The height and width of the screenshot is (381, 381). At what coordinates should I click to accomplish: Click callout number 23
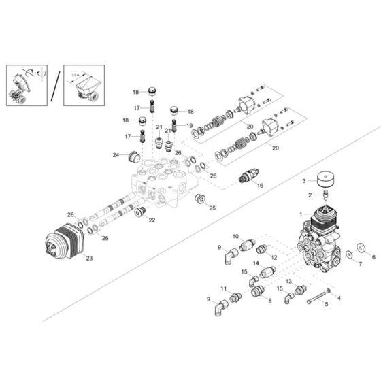click(88, 259)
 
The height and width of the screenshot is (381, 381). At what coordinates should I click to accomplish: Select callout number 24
click(116, 155)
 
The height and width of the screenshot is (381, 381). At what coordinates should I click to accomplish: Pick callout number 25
click(212, 208)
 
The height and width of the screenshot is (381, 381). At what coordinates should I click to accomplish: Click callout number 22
click(152, 220)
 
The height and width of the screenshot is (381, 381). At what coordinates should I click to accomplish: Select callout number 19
click(190, 126)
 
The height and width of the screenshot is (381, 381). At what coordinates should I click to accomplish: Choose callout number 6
click(373, 256)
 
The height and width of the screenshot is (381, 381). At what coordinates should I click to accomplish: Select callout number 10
click(236, 237)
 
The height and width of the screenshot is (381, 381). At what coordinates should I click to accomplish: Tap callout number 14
click(256, 263)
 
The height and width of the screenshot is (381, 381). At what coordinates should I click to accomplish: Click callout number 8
click(269, 299)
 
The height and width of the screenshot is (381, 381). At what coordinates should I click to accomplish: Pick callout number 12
click(275, 257)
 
